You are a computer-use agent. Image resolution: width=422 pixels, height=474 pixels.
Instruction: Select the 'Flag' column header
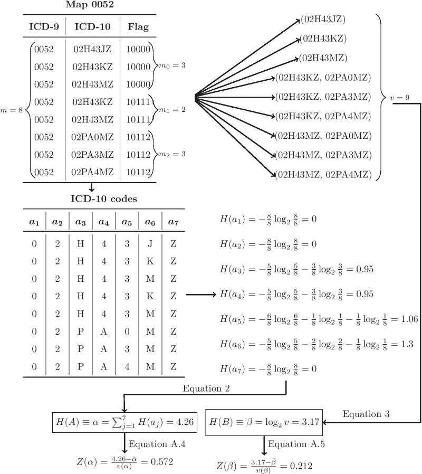[138, 26]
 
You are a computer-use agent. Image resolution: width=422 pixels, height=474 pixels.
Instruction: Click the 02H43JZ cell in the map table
[92, 50]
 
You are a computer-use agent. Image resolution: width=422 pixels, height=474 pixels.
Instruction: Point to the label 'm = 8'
[12, 110]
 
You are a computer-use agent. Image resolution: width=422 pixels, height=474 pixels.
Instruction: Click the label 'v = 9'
[400, 98]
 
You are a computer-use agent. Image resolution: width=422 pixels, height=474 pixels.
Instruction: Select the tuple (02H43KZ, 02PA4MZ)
[323, 116]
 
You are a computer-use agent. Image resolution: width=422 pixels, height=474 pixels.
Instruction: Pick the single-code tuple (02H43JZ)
[323, 20]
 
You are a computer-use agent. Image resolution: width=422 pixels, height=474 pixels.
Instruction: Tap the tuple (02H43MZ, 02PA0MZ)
[323, 135]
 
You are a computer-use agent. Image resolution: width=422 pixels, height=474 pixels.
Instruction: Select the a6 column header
[150, 223]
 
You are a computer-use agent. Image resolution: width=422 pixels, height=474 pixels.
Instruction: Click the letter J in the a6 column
[150, 245]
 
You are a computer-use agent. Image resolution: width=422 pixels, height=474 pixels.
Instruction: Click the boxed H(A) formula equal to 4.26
[124, 421]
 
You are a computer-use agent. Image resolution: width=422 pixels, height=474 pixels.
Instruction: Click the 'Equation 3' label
[366, 414]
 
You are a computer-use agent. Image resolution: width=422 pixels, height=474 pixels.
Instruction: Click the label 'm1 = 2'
[170, 110]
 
